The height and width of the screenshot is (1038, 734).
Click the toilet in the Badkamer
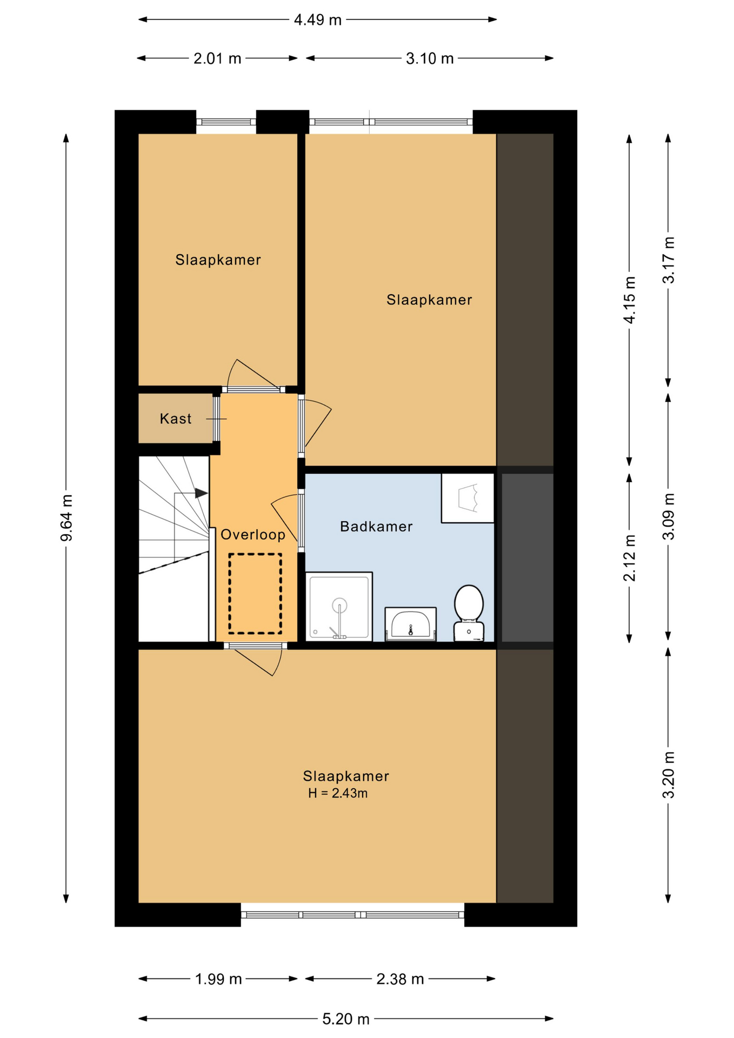point(469,613)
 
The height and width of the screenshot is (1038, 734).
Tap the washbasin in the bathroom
point(410,624)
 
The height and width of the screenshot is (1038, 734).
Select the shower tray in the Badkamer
point(339,606)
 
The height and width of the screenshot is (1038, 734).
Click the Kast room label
point(176,418)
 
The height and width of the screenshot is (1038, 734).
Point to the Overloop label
point(253,535)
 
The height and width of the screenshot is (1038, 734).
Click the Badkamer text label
point(376,526)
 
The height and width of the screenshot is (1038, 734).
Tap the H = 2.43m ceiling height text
point(338,793)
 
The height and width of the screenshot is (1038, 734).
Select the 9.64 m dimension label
point(66,517)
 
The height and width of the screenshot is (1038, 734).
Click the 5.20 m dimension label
point(346,1019)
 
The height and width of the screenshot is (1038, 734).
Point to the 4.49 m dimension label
point(318,20)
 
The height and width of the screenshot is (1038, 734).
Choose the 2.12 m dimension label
point(630,557)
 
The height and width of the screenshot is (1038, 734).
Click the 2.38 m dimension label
point(400,979)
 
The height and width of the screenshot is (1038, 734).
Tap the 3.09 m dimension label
point(669,516)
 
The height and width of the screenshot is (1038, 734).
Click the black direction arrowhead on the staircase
point(202,493)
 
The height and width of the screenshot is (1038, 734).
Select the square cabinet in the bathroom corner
point(468,498)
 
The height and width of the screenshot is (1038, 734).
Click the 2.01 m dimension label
point(217,58)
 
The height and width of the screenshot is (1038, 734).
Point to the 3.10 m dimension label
point(430,58)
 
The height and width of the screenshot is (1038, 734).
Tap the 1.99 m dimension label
point(218,979)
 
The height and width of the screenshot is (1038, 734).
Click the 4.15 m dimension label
point(630,300)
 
